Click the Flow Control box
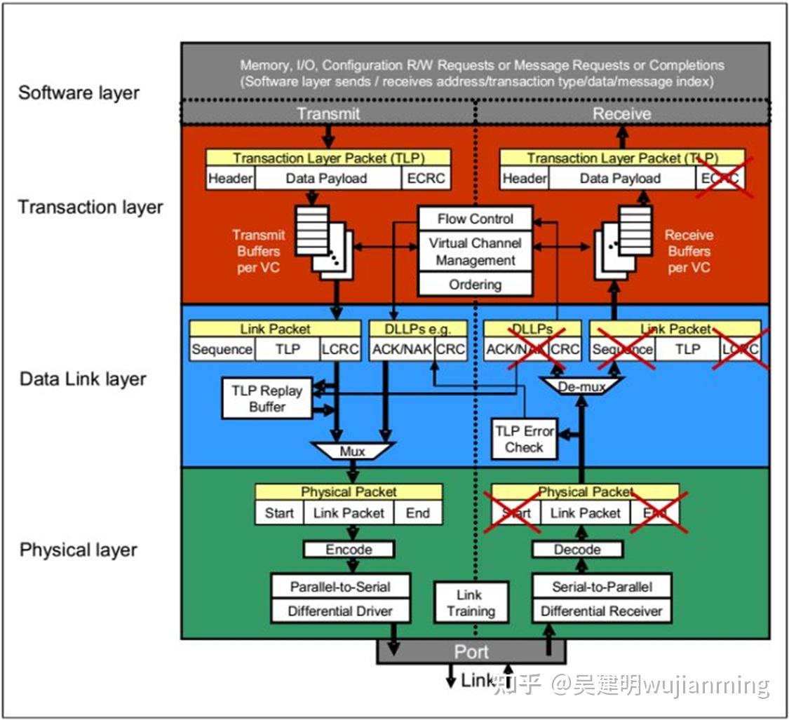tap(476, 219)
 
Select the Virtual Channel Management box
tap(476, 252)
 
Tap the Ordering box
tap(476, 285)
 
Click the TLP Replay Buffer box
tap(267, 399)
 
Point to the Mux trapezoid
tap(352, 451)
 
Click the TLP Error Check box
tap(525, 439)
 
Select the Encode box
tap(349, 550)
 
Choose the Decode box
tap(577, 550)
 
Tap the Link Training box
tap(470, 603)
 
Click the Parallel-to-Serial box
tap(340, 587)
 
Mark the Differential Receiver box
tap(601, 611)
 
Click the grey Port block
tap(471, 652)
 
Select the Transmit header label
tap(328, 114)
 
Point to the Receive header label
tap(621, 114)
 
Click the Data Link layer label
tap(83, 379)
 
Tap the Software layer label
tap(79, 93)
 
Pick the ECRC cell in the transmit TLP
tap(426, 179)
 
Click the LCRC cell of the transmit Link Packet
tap(339, 349)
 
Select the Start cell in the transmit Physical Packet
tap(279, 513)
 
